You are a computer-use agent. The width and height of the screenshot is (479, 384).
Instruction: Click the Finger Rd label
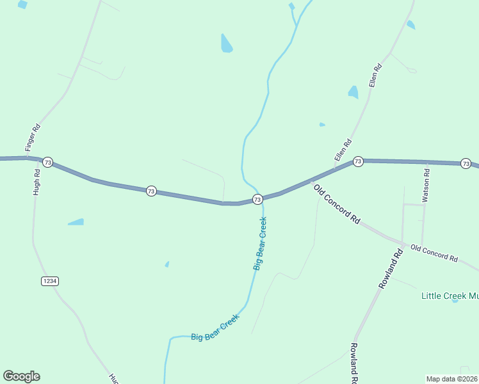[x=33, y=138]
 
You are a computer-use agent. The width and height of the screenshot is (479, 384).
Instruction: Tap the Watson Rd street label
[x=426, y=182]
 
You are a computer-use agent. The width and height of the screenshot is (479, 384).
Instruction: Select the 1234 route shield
[x=49, y=281]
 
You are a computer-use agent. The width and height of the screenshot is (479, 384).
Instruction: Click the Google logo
[x=21, y=376]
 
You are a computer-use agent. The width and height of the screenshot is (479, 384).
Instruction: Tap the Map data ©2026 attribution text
[x=451, y=378]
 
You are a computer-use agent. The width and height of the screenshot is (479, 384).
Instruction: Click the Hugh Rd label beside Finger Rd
[x=37, y=185]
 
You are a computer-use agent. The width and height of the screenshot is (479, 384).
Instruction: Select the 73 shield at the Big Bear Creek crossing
[x=257, y=200]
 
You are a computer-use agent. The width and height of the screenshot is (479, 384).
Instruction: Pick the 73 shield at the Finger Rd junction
[x=47, y=163]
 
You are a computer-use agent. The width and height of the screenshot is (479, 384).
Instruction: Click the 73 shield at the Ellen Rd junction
[x=358, y=161]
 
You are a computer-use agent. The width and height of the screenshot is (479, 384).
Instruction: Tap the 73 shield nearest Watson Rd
[x=466, y=163]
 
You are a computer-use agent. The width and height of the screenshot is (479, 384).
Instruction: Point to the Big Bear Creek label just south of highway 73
[x=259, y=244]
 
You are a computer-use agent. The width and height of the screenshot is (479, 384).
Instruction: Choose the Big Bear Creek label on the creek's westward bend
[x=215, y=328]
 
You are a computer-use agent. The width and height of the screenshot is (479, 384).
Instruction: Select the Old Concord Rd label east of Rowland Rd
[x=434, y=253]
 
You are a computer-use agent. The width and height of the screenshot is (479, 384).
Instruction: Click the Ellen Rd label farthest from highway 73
[x=375, y=76]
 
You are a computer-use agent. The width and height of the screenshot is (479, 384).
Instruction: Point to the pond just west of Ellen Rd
[x=353, y=92]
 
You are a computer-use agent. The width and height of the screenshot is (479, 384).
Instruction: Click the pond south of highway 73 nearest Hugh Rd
[x=76, y=222]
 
